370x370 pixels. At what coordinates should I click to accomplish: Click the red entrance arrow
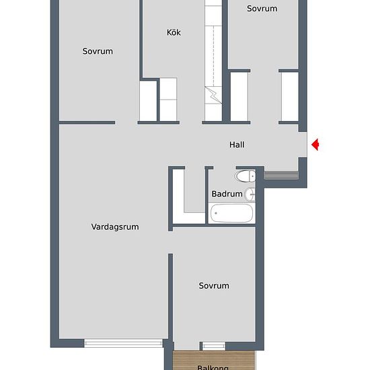point(315,144)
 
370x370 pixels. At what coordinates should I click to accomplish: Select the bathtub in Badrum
point(231,215)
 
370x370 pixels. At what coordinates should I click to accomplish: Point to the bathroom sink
point(250,194)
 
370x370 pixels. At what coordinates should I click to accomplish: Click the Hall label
point(236,145)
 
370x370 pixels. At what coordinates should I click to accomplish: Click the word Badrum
point(227,194)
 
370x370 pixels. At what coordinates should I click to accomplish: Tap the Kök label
point(174,32)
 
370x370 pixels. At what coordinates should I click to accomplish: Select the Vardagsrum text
point(115,227)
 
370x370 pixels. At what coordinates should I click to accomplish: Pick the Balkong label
point(213,367)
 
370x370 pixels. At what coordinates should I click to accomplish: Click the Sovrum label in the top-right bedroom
point(262,9)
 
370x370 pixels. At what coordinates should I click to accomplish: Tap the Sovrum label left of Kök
point(98,51)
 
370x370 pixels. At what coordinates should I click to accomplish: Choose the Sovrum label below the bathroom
point(214,285)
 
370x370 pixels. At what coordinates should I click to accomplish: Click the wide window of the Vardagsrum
point(125,342)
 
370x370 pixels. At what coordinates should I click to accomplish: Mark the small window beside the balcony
point(214,346)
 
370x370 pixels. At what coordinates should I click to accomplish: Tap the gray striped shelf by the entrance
point(281,175)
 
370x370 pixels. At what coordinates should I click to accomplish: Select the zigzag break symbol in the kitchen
point(213,94)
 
